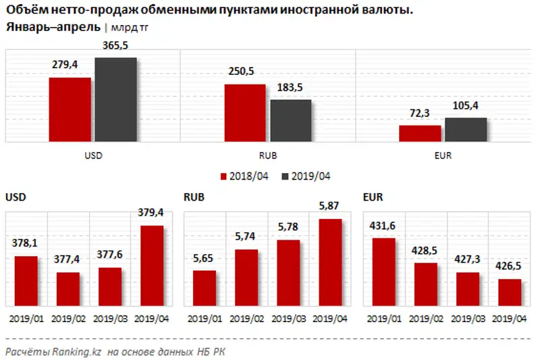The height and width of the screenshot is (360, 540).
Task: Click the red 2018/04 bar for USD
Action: click(70, 109)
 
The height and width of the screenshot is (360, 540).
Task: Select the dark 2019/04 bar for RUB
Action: click(291, 121)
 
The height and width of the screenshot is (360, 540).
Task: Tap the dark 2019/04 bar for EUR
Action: click(466, 130)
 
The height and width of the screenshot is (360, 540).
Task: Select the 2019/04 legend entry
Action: click(307, 176)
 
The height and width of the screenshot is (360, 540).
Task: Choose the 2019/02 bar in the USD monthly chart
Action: click(68, 288)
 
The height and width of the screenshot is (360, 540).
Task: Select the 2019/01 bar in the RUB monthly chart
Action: click(205, 287)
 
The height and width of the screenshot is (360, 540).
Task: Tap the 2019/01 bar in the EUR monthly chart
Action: click(383, 271)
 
